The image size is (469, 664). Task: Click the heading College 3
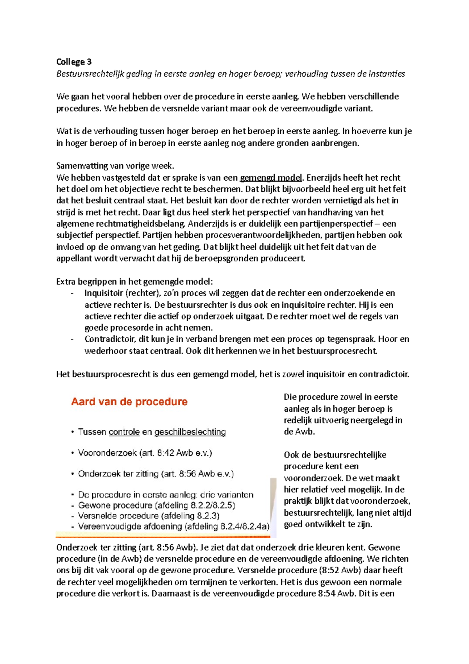pyautogui.click(x=74, y=62)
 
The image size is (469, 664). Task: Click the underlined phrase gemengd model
pyautogui.click(x=271, y=178)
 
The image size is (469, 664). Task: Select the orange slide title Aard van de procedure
pyautogui.click(x=129, y=402)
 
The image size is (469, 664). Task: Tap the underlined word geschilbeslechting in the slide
pyautogui.click(x=190, y=432)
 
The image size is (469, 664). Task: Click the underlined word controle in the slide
pyautogui.click(x=124, y=432)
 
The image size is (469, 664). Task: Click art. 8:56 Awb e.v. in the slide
pyautogui.click(x=197, y=474)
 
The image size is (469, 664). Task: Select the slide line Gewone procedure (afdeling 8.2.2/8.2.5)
pyautogui.click(x=156, y=505)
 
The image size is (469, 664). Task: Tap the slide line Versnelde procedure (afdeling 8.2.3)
pyautogui.click(x=149, y=516)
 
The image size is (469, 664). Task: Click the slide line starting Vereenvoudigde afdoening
pyautogui.click(x=174, y=526)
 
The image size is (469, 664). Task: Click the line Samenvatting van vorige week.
pyautogui.click(x=115, y=165)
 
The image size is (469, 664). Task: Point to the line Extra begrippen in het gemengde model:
pyautogui.click(x=134, y=282)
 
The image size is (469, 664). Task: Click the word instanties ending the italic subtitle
pyautogui.click(x=387, y=74)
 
